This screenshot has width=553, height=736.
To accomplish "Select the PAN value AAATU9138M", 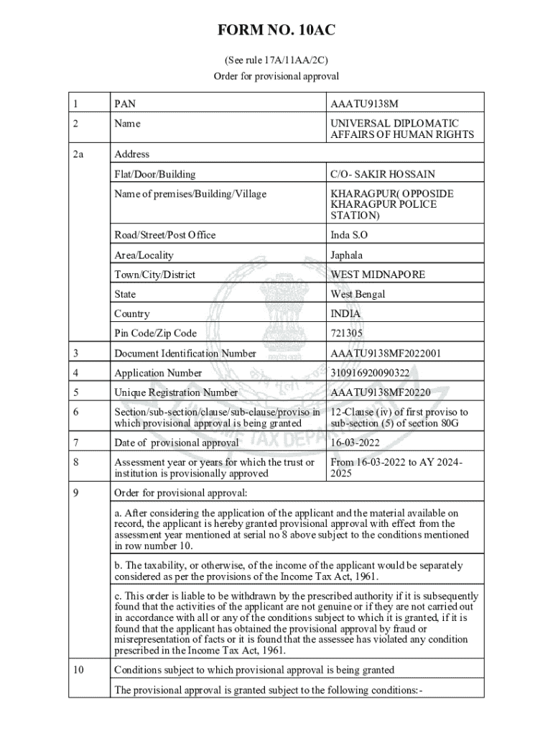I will (x=364, y=104).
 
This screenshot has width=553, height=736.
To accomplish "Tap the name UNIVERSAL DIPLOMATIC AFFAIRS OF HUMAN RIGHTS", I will (x=401, y=129).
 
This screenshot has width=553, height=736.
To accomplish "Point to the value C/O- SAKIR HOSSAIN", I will (x=382, y=174).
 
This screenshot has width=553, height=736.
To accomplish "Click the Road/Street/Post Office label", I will (x=164, y=235).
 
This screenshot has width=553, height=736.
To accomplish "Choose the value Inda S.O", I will (x=349, y=235).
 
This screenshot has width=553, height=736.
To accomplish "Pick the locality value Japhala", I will (x=347, y=255).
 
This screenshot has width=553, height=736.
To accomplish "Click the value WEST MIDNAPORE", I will (x=377, y=275).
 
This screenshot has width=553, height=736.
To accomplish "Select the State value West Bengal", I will (x=358, y=294).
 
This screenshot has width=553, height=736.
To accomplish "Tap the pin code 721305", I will (x=346, y=333).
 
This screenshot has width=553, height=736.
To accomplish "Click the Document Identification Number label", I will (x=185, y=353).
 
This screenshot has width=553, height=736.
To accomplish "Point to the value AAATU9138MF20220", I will (x=380, y=392).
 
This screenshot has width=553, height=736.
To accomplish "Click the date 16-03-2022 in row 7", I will (x=355, y=442).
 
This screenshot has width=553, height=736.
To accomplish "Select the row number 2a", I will (x=79, y=154).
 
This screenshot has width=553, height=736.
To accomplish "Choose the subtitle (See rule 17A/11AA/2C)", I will (x=276, y=60).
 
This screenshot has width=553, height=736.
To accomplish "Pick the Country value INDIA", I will (x=345, y=314).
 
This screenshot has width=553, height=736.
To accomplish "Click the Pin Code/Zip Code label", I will (x=155, y=333).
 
